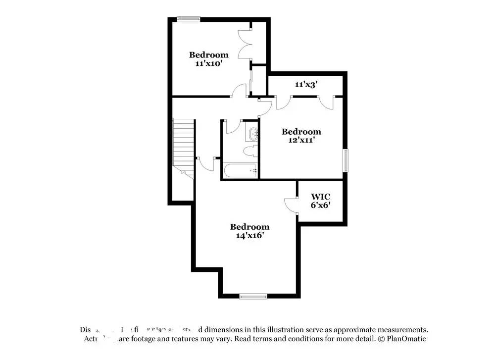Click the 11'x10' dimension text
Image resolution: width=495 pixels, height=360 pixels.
click(x=208, y=63)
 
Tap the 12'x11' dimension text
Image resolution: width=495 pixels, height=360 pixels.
click(x=301, y=140)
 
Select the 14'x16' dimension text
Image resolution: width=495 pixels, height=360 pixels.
click(x=249, y=236)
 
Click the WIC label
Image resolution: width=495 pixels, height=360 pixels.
click(x=321, y=197)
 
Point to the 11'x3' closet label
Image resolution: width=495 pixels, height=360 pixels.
click(x=305, y=84)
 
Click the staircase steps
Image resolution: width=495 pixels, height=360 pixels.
click(x=183, y=144)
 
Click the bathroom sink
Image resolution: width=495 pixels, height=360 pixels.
click(x=252, y=133)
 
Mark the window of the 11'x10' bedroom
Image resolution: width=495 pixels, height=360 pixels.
click(x=188, y=19)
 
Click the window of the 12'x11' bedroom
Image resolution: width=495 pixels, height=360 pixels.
click(x=346, y=160)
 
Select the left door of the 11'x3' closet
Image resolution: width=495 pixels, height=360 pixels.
click(x=283, y=102)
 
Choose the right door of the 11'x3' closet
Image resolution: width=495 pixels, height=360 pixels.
click(x=327, y=102)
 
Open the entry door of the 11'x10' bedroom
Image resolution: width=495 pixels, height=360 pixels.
click(x=240, y=92)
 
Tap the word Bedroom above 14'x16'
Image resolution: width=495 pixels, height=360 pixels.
click(x=249, y=227)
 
